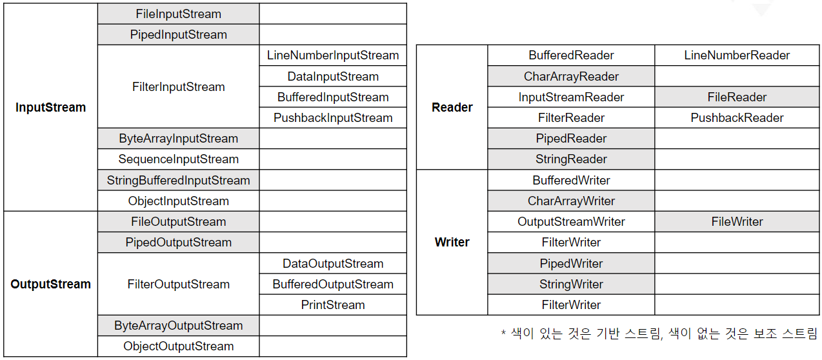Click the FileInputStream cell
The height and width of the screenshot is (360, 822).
point(178,14)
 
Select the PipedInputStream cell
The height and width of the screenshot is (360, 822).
point(178,34)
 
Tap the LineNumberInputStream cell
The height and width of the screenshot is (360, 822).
point(333,55)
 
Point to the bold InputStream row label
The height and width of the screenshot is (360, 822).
point(50,107)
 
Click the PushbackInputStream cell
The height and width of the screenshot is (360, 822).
point(333,118)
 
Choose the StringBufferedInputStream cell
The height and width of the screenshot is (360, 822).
point(178,180)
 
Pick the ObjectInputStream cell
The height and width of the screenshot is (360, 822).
point(178,201)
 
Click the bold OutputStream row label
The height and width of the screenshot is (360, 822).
point(50,284)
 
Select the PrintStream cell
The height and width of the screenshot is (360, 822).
point(333,305)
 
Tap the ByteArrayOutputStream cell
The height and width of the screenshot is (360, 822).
point(178,326)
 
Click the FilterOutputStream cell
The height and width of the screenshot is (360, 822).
point(178,284)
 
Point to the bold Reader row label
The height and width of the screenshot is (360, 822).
point(452,107)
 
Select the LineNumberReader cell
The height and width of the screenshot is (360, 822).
point(737,55)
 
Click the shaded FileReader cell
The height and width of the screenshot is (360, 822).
point(737,97)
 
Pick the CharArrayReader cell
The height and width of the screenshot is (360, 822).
point(571,76)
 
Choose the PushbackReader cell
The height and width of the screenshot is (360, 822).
point(737,118)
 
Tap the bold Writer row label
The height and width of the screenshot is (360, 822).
point(452,242)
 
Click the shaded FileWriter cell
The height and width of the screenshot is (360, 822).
point(737,222)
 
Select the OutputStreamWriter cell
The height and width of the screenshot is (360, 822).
point(571,222)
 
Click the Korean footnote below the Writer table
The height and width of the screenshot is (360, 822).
point(659,334)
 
